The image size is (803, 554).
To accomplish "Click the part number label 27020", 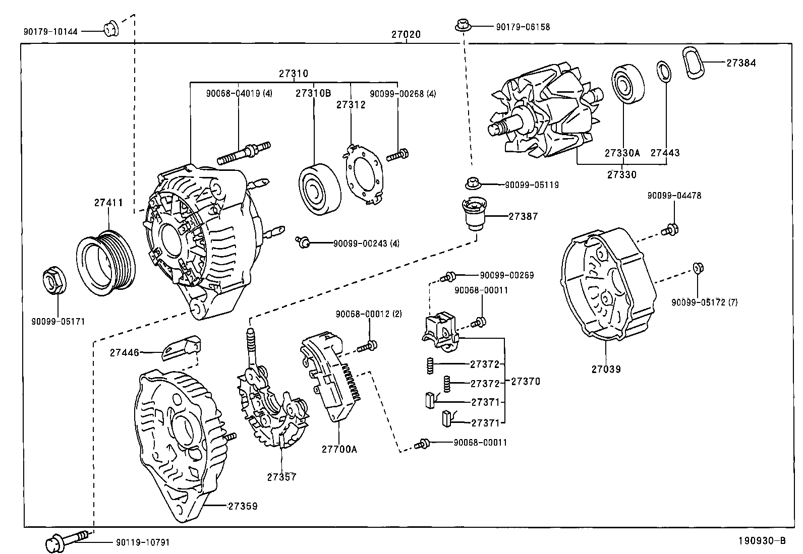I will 406,35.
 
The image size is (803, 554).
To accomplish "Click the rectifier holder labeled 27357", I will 272,408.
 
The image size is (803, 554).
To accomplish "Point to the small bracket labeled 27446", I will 182,348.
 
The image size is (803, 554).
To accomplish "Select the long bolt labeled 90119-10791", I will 68,540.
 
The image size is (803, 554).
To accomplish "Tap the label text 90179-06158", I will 523,27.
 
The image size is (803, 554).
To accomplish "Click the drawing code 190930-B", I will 762,541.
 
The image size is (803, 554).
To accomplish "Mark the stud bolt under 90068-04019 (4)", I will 244,152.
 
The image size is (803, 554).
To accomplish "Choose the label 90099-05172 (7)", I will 704,302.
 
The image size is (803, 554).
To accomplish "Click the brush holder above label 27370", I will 440,330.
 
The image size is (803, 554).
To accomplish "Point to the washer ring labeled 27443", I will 664,71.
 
